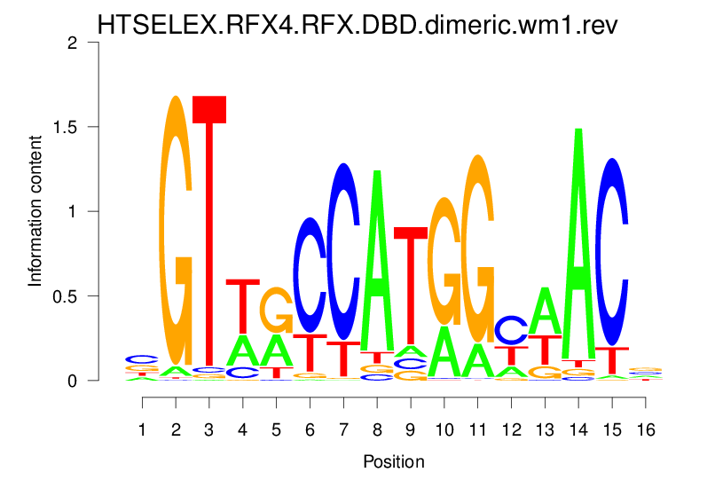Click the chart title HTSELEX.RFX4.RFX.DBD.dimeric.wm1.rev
coord(357,24)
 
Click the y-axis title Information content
coord(35,210)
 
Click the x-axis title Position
coord(394,462)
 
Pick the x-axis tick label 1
coord(142,429)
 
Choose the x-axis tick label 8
coord(377,429)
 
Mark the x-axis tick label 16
coord(646,429)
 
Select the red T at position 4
coord(243,306)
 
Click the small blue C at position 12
coord(511,329)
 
